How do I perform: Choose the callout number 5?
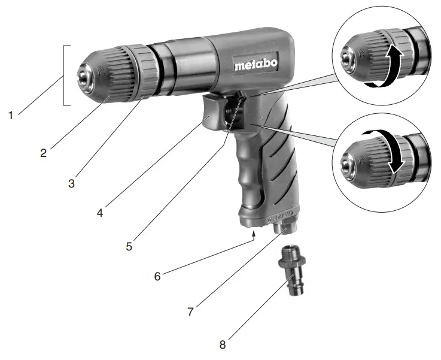(131, 245)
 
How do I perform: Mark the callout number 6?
(157, 277)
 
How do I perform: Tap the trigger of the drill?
(215, 111)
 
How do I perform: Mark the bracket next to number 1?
(68, 74)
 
